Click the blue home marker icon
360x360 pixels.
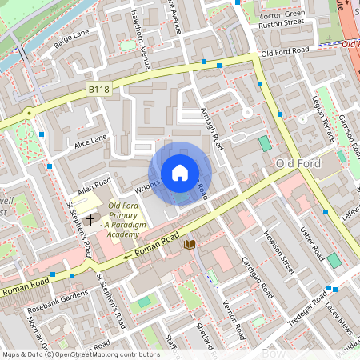(x=180, y=173)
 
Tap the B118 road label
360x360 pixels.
(x=98, y=94)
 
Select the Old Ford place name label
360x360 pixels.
(x=298, y=164)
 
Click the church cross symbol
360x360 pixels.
(x=90, y=218)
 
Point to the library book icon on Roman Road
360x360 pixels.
(x=190, y=243)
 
